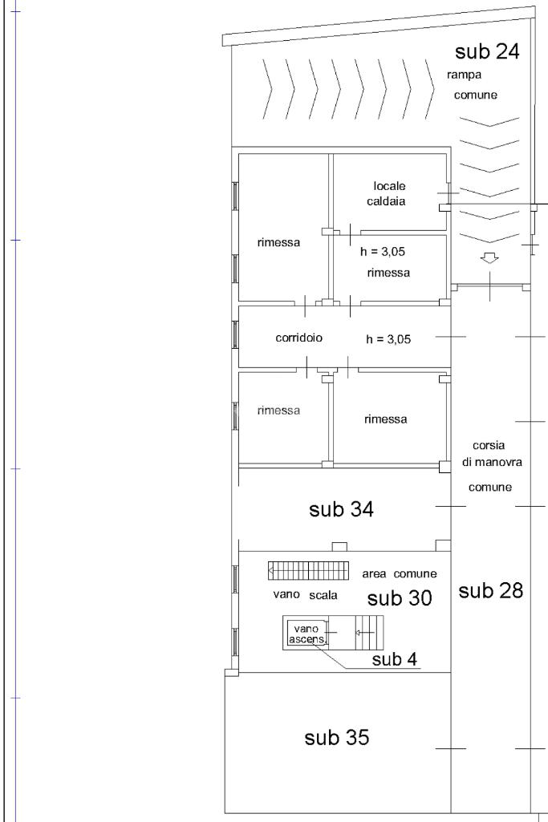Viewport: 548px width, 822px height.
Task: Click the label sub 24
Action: click(x=487, y=51)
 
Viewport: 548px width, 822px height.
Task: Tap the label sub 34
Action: click(x=341, y=509)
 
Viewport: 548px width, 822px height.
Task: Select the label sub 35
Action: click(x=337, y=738)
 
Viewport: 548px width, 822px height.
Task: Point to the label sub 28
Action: click(x=490, y=591)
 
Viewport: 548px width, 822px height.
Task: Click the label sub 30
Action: click(x=400, y=598)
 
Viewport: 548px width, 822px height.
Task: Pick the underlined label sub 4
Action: click(x=394, y=659)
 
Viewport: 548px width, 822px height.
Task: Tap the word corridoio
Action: click(x=299, y=338)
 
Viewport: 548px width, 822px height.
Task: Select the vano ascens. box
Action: click(x=306, y=633)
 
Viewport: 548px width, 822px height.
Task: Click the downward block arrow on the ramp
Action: click(x=489, y=258)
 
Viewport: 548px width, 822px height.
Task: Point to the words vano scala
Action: click(x=305, y=595)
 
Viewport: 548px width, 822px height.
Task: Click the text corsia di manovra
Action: click(x=491, y=453)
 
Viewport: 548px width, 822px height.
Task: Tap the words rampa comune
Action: click(x=472, y=85)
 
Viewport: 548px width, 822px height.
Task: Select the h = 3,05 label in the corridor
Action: click(x=388, y=339)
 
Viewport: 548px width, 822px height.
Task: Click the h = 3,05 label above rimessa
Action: click(x=382, y=252)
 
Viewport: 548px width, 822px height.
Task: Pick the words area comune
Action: click(x=399, y=573)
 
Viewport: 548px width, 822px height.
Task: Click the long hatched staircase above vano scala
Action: click(x=308, y=570)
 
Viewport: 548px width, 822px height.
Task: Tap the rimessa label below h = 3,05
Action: click(x=388, y=273)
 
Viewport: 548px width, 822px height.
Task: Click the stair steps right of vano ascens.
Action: click(x=369, y=633)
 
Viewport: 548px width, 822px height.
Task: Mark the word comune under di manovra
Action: click(x=490, y=488)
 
